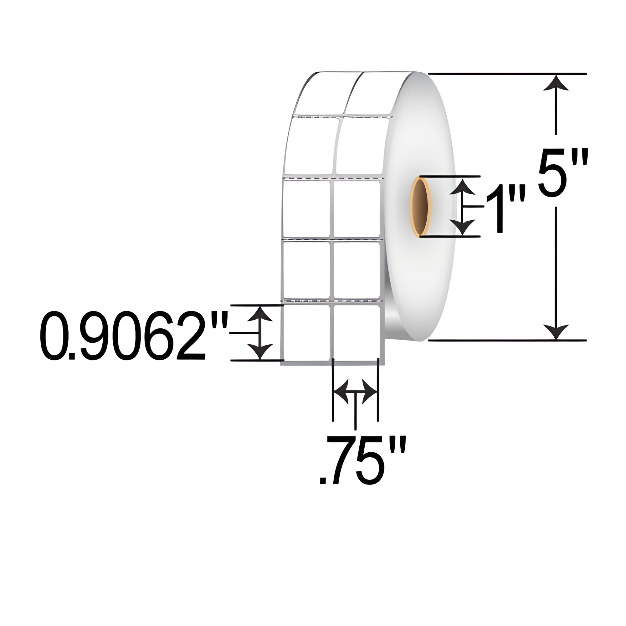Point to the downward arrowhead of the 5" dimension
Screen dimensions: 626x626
click(556, 331)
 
